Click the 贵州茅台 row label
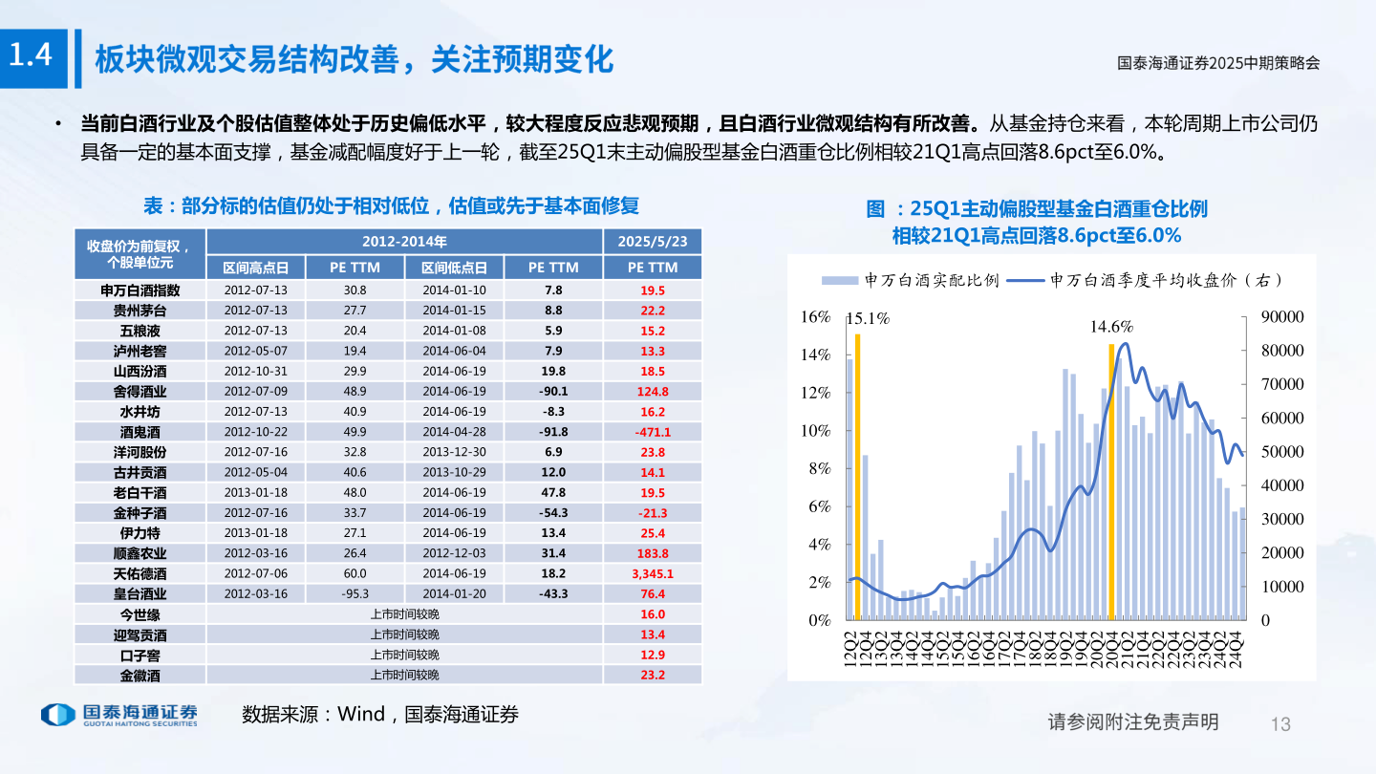[x=140, y=310]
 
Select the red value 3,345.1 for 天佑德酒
[x=653, y=573]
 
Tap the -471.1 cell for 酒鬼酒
[x=653, y=432]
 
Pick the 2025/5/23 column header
[x=653, y=242]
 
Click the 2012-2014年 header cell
[x=404, y=242]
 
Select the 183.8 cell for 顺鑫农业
[x=653, y=553]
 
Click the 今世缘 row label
[x=140, y=614]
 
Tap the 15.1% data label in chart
[x=869, y=319]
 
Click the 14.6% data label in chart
[x=1111, y=327]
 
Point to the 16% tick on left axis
[x=815, y=317]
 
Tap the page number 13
[x=1280, y=723]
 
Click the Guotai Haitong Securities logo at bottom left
[x=118, y=715]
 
